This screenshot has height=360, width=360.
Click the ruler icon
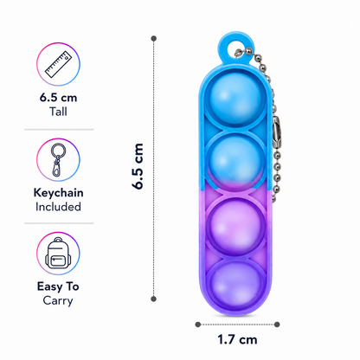tap(58, 64)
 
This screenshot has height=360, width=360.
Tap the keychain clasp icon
tap(58, 160)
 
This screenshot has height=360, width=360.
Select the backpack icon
tap(58, 254)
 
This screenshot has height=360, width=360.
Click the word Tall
tap(58, 112)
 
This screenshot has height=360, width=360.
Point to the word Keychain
tap(58, 193)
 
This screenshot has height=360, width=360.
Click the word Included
tap(58, 207)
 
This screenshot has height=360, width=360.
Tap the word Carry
tap(58, 301)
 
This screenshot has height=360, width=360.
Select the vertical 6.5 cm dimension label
tap(138, 166)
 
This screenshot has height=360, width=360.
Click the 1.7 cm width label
tap(237, 339)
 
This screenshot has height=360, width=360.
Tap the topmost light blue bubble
tap(235, 99)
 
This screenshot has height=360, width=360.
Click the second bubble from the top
tap(235, 162)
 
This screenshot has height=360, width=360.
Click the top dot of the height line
tap(154, 38)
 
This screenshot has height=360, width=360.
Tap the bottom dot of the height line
tap(154, 299)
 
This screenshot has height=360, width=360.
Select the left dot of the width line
tap(198, 325)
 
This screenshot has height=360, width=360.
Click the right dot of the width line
tap(277, 325)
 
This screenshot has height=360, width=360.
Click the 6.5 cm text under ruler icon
tap(58, 98)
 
